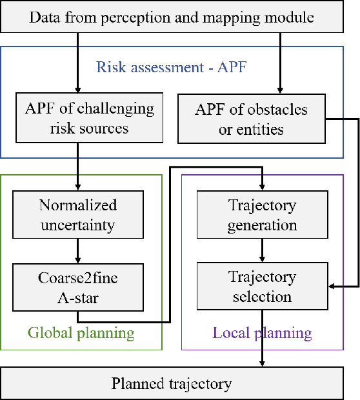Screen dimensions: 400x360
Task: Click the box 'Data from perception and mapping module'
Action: point(180,17)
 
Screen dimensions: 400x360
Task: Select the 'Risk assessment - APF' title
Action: point(171,66)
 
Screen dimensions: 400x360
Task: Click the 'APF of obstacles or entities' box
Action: point(250,119)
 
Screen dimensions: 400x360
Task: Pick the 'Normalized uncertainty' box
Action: point(77,215)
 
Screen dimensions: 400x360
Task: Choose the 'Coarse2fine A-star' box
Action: point(77,286)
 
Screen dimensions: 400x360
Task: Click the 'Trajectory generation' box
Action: point(262,215)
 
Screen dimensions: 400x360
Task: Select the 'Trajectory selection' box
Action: point(262,286)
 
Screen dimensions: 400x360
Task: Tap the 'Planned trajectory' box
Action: point(180,385)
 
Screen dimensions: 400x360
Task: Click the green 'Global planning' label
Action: point(81,334)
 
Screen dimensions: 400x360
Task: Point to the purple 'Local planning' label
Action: point(262,334)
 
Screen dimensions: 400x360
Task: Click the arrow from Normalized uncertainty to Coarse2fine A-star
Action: point(77,251)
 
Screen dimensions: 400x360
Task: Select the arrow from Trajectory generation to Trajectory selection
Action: point(262,251)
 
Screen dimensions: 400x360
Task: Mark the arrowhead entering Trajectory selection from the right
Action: point(332,285)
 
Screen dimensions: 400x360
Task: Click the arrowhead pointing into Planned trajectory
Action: point(262,364)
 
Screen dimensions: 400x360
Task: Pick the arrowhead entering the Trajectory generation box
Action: point(262,187)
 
